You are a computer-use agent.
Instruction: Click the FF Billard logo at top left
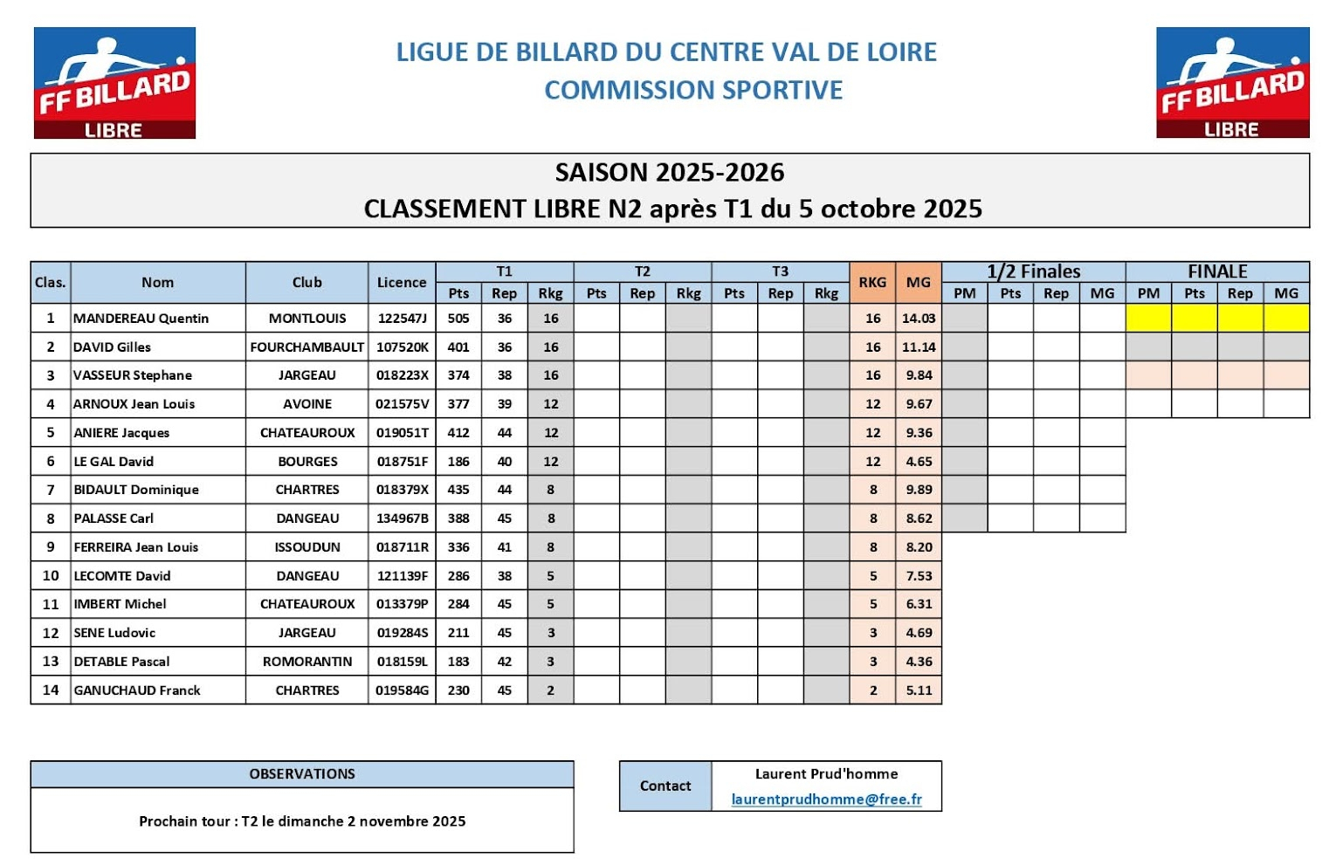click(114, 83)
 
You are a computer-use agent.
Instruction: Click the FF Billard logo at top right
click(1232, 83)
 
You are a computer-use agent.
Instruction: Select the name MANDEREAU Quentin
click(141, 319)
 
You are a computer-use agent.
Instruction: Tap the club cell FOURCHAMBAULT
click(306, 347)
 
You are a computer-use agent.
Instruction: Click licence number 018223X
click(402, 375)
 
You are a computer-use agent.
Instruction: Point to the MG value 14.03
click(919, 319)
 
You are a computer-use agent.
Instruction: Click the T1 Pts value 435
click(458, 490)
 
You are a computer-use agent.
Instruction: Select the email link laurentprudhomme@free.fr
click(826, 800)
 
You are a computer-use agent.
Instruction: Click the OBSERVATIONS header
click(302, 774)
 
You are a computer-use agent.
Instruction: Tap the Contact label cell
click(665, 786)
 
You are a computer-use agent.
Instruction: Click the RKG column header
click(872, 282)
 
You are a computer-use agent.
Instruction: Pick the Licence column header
click(402, 282)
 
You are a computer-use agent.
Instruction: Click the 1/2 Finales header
click(1033, 271)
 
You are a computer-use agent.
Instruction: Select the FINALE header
click(1217, 271)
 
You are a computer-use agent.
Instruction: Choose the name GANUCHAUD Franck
click(137, 690)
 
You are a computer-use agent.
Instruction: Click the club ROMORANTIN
click(307, 662)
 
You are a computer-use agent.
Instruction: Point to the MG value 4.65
click(919, 462)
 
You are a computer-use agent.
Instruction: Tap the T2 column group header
click(643, 271)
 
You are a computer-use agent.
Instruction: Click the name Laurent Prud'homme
click(826, 774)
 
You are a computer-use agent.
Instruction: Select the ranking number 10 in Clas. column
click(51, 576)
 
